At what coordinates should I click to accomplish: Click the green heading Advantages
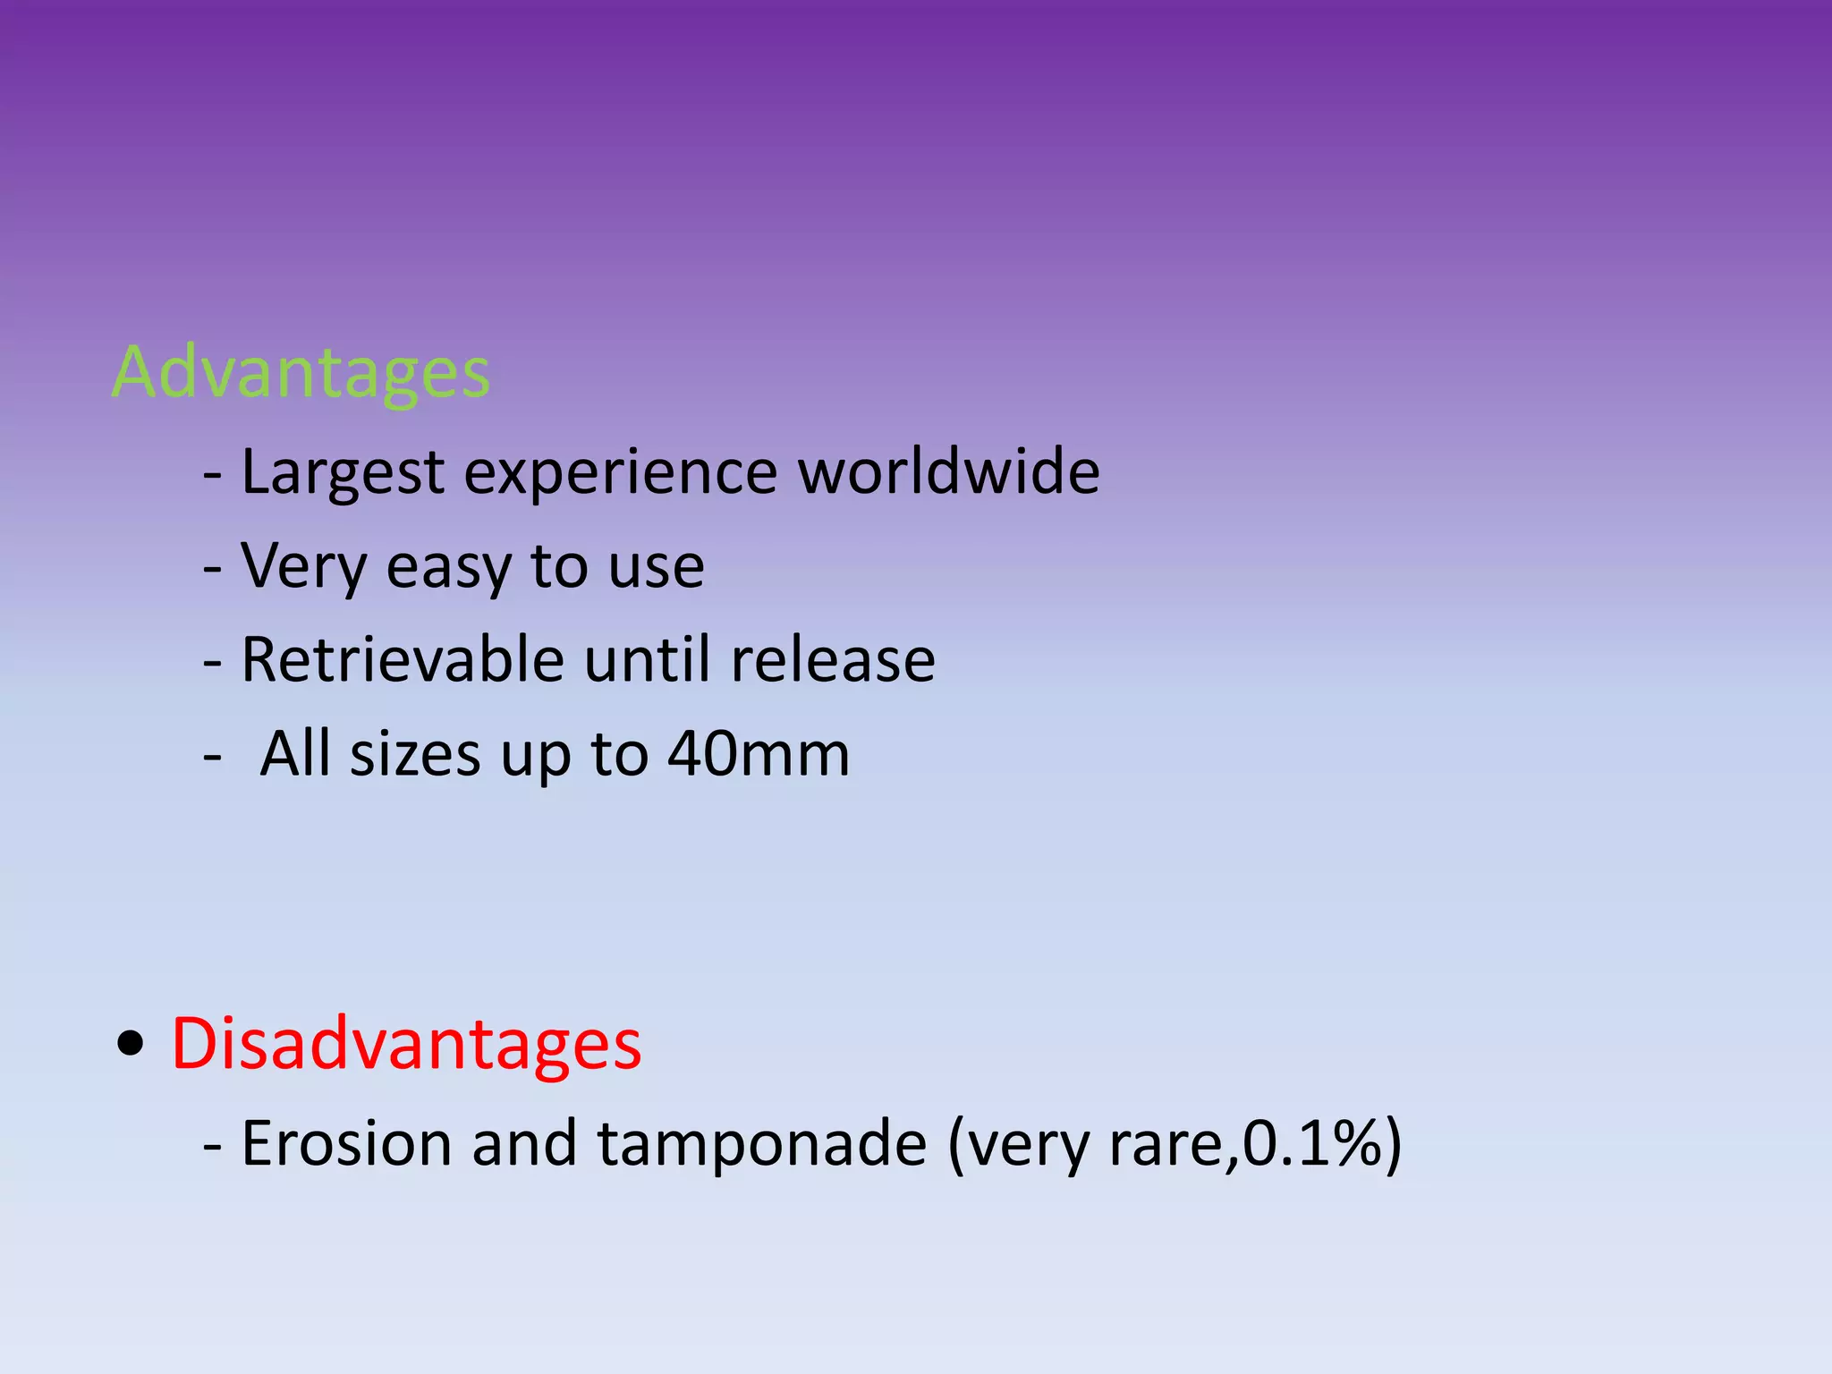point(301,372)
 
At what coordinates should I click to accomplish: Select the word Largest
point(343,472)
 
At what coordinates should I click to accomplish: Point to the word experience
point(620,472)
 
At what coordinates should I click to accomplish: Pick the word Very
point(303,566)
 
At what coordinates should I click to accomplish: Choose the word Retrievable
point(403,659)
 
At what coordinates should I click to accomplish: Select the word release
point(833,659)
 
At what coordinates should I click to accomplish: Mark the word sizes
point(414,754)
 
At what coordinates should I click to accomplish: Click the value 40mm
point(759,754)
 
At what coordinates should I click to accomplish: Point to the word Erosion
point(346,1143)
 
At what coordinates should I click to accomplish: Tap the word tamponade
point(761,1143)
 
